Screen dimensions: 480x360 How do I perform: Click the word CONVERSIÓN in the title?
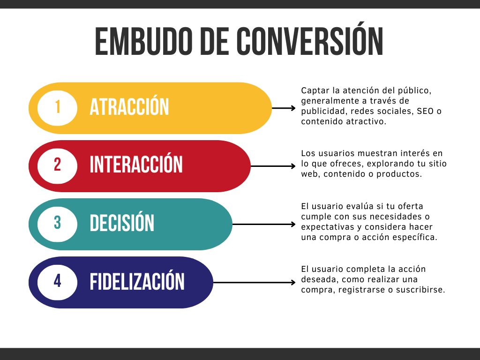(x=309, y=39)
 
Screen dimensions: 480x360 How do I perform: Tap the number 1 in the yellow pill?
(x=58, y=107)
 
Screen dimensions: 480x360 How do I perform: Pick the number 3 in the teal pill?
(x=57, y=223)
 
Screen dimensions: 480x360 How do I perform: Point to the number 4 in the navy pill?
(x=57, y=281)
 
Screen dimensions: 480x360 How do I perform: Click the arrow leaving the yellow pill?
(x=284, y=108)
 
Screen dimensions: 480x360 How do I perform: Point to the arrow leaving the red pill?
(x=273, y=166)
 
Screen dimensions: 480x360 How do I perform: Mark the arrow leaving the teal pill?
(x=264, y=225)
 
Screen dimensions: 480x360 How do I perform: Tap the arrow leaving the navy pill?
(x=254, y=282)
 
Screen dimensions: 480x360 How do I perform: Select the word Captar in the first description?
(x=315, y=91)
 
